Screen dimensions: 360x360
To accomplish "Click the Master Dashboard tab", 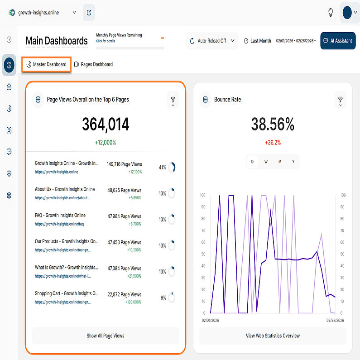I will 47,64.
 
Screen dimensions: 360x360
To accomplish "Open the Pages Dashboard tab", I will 93,64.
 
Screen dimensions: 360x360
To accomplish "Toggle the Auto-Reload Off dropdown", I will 212,41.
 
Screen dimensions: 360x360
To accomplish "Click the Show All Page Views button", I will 106,336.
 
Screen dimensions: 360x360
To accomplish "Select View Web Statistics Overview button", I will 273,336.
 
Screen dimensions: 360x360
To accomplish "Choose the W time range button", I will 266,162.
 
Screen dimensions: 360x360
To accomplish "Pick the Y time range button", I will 293,162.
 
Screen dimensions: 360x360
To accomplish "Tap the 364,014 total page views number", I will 106,125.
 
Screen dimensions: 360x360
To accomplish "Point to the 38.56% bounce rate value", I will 273,125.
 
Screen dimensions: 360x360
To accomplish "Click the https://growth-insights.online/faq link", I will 59,224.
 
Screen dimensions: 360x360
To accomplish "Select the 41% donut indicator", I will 171,168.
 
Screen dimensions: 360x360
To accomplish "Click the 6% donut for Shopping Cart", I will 171,298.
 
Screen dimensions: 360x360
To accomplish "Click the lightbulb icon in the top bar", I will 331,13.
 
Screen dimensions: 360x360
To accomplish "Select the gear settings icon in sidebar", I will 9,195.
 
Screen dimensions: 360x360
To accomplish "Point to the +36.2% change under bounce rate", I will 273,143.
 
